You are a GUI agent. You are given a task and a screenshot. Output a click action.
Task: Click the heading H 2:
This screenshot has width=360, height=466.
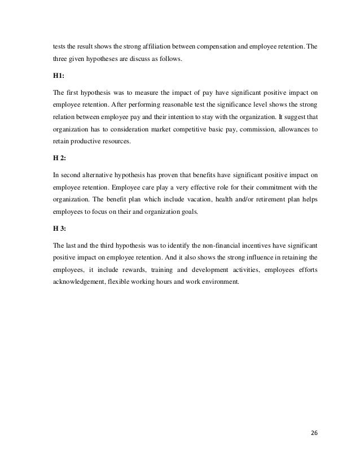point(56,159)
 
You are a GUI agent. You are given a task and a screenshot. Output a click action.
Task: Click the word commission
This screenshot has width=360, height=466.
point(239,130)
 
